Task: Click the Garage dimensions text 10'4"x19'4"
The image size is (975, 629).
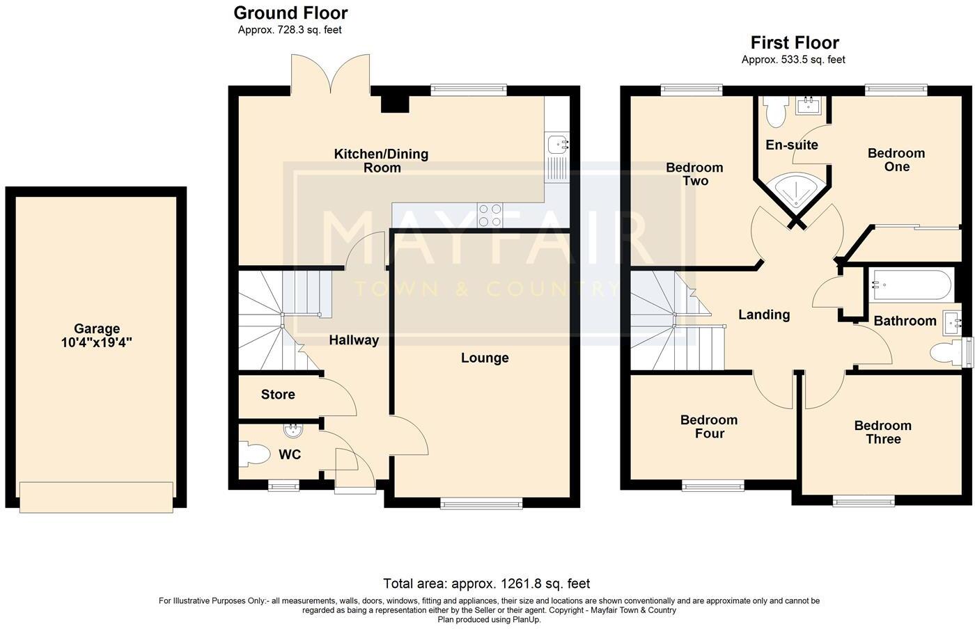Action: pos(96,342)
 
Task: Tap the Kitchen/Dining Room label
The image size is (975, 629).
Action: pos(381,161)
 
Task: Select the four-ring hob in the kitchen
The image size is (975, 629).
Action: pos(489,214)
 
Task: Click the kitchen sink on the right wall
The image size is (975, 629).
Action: pos(557,145)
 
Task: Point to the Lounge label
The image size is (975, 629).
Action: pos(485,358)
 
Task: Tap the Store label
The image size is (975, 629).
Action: pos(278,395)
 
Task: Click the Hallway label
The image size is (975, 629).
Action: pos(354,340)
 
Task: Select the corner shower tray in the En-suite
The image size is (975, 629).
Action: pos(794,189)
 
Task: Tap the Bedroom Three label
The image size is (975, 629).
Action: pos(882,432)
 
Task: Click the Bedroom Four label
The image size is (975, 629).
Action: pos(708,427)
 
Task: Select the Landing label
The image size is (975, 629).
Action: pos(764,314)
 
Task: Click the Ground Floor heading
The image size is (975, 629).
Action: pos(290,13)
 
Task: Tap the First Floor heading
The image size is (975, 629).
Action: pos(794,42)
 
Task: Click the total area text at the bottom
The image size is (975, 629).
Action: pos(486,584)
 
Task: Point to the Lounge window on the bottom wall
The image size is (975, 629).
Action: pos(481,503)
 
